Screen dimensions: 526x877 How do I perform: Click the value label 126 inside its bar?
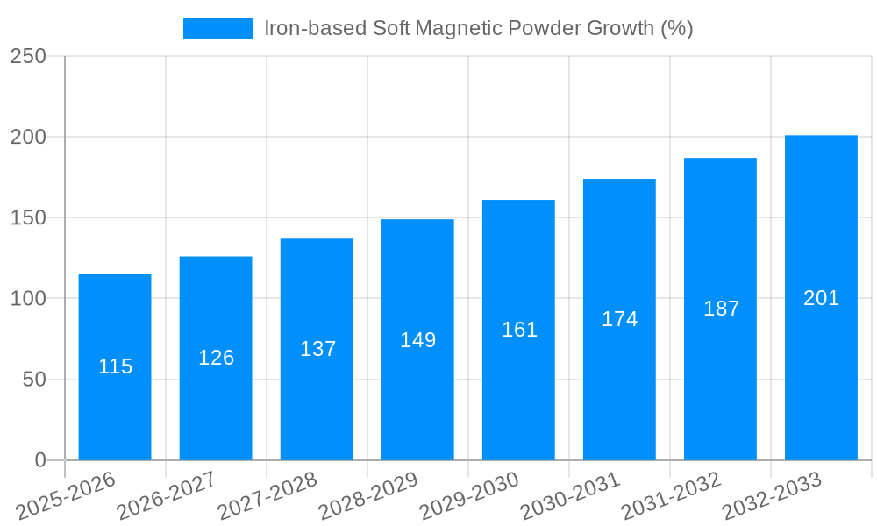click(x=216, y=358)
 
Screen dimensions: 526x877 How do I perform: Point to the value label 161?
click(x=519, y=330)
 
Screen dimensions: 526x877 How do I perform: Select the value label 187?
click(x=721, y=309)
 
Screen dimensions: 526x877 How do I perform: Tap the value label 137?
click(x=317, y=349)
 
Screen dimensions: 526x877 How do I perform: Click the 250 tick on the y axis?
click(x=28, y=56)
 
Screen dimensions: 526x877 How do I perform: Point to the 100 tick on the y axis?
click(x=28, y=299)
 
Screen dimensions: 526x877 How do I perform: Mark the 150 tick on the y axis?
click(x=28, y=217)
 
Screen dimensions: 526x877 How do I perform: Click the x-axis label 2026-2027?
click(x=166, y=494)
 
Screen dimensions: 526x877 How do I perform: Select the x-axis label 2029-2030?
click(x=468, y=494)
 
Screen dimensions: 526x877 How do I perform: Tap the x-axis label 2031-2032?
click(x=671, y=494)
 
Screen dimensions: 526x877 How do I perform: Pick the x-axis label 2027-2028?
click(x=267, y=494)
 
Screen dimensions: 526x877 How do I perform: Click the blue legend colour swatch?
click(x=217, y=28)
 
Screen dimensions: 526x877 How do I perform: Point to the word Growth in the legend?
click(x=613, y=28)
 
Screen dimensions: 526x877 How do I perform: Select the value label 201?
click(x=821, y=298)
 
